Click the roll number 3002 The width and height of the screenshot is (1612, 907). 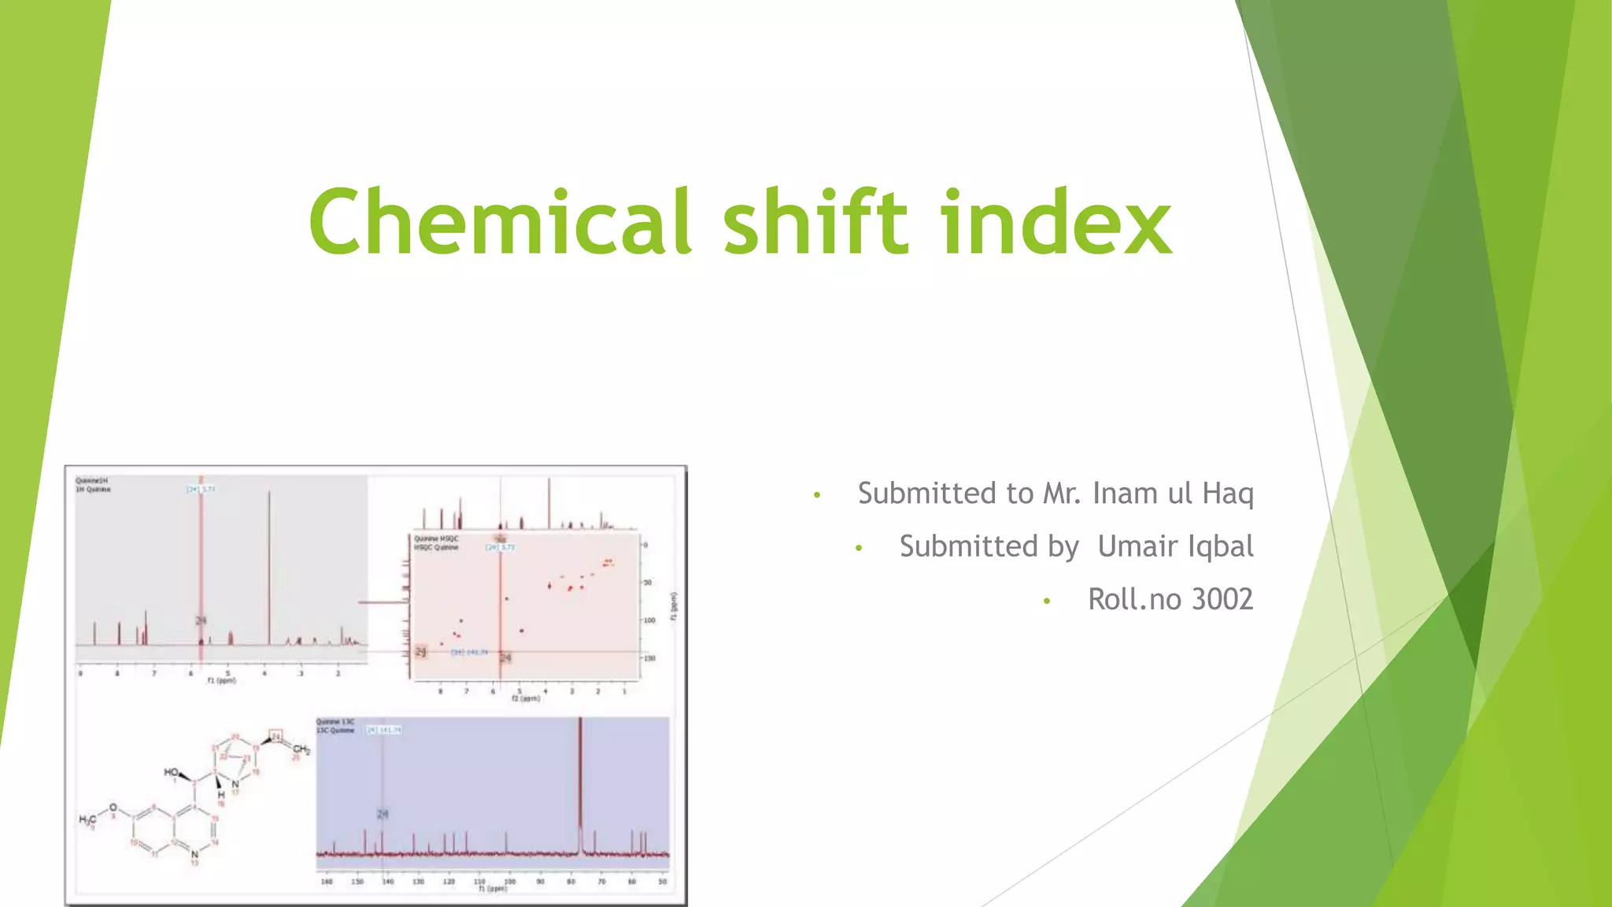[1222, 599]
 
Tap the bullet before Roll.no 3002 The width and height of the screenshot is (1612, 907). [1046, 602]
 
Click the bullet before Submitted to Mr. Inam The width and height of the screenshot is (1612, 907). [817, 495]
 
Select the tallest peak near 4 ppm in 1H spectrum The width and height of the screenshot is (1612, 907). [269, 567]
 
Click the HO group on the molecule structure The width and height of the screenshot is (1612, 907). [171, 772]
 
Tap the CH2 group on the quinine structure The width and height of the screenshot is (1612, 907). [301, 749]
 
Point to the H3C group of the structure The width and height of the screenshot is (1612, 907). [87, 820]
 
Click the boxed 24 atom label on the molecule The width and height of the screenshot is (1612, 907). [275, 736]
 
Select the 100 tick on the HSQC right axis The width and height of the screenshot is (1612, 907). [649, 620]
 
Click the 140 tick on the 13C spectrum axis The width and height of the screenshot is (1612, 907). [387, 882]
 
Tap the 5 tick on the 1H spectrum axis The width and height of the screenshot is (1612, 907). [228, 673]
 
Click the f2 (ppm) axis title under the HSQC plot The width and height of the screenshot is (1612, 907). [526, 698]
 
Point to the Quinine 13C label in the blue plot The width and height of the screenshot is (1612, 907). [335, 721]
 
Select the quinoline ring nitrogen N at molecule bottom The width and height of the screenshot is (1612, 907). [194, 853]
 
